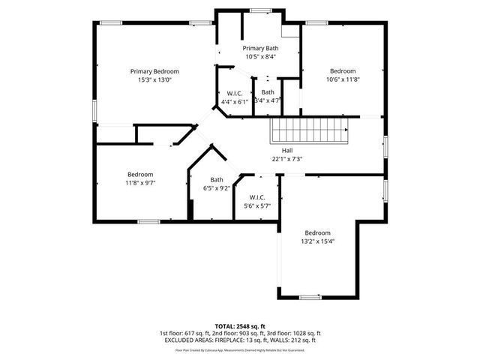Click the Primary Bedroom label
coord(158,71)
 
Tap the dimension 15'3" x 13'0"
coord(158,79)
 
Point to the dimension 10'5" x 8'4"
coord(261,57)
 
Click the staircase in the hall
coord(310,133)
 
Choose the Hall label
coord(287,150)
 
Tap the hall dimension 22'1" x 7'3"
coord(287,158)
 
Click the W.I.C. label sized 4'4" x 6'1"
coord(235,93)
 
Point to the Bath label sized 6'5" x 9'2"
coord(217,179)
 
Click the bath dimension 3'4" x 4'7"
coord(267,100)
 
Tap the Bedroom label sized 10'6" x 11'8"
coord(343,71)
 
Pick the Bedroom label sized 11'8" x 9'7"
coord(140,174)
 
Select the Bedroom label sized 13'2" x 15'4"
coord(317,232)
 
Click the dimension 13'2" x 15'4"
coord(317,241)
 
